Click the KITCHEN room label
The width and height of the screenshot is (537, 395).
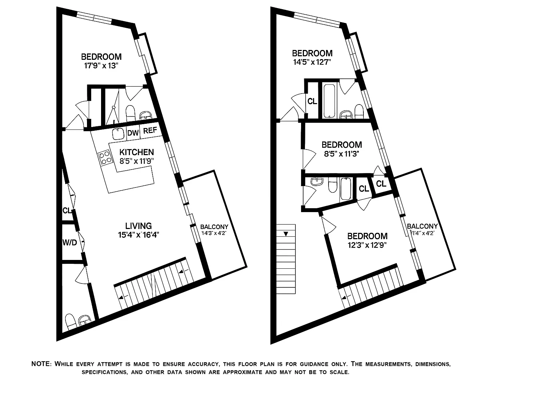(136, 152)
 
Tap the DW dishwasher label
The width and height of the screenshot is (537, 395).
(133, 133)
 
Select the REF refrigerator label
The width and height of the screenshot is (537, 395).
(150, 130)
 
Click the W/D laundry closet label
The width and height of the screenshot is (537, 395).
(69, 242)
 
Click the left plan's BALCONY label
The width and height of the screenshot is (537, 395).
(214, 227)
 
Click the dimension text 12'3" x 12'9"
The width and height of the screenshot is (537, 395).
(367, 245)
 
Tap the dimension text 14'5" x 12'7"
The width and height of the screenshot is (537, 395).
(312, 62)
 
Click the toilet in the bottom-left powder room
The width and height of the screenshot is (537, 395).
(70, 321)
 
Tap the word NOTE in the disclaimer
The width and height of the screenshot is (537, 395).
(42, 364)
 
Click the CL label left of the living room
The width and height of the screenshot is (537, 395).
(67, 211)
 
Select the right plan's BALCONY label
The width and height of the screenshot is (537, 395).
(422, 226)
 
